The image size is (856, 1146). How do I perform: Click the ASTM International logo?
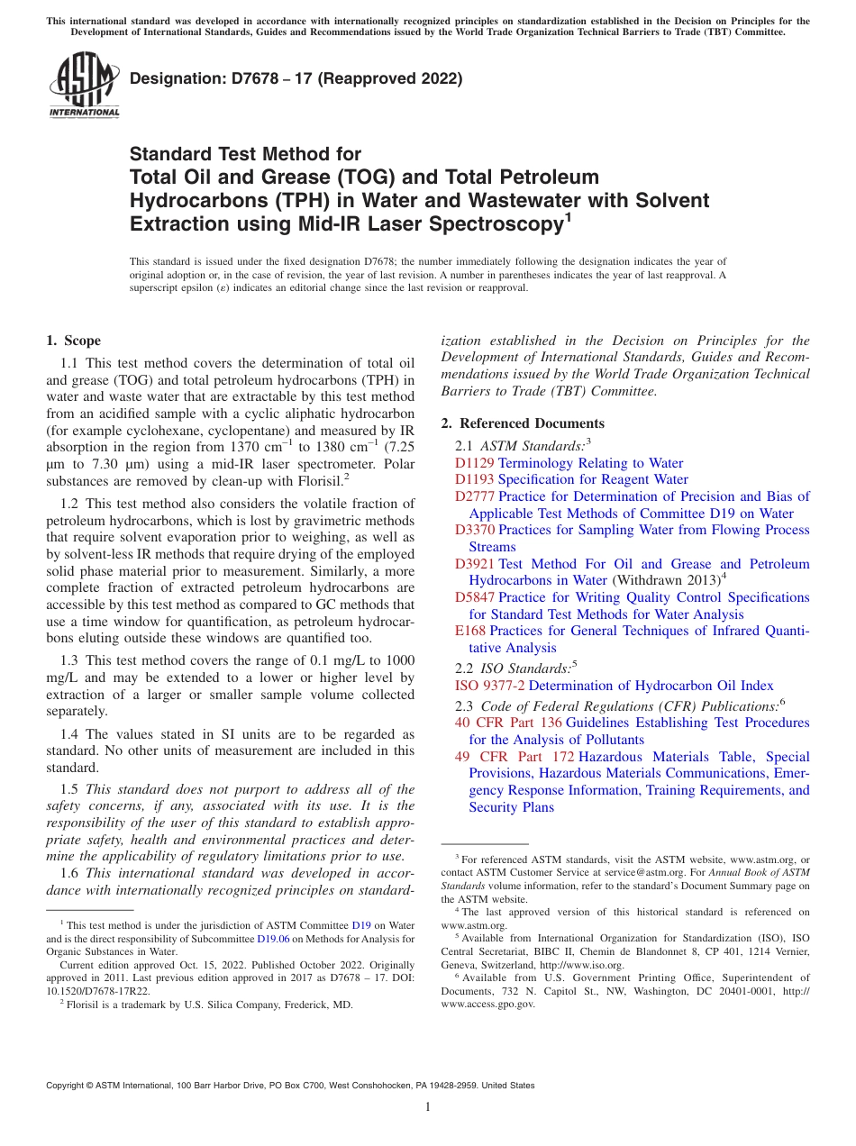pyautogui.click(x=84, y=86)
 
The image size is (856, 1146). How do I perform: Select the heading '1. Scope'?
pyautogui.click(x=73, y=341)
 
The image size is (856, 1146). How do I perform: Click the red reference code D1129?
pyautogui.click(x=474, y=463)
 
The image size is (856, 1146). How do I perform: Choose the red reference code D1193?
pyautogui.click(x=474, y=480)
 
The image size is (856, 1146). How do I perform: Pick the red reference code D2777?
pyautogui.click(x=474, y=496)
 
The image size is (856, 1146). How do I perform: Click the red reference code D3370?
pyautogui.click(x=474, y=531)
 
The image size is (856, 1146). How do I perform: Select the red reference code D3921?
pyautogui.click(x=474, y=564)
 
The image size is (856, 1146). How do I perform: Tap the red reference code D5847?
pyautogui.click(x=474, y=597)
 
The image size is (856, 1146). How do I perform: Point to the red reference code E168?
pyautogui.click(x=469, y=632)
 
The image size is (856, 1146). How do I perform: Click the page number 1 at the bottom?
pyautogui.click(x=428, y=1108)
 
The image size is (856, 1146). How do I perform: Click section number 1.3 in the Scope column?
pyautogui.click(x=69, y=660)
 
